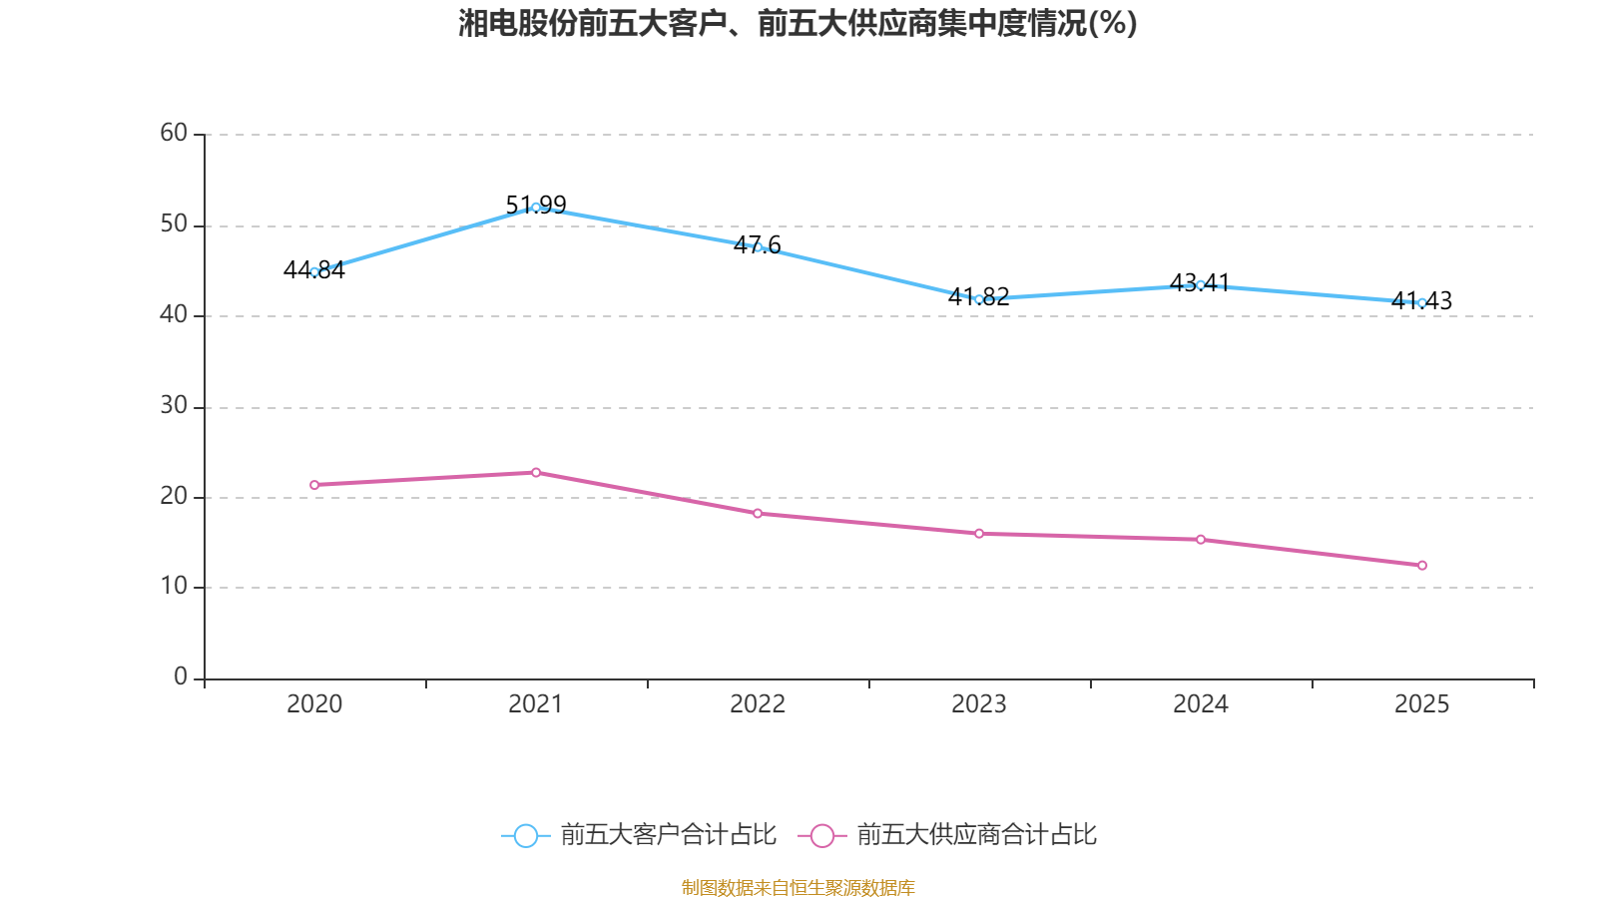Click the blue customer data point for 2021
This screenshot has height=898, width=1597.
pyautogui.click(x=536, y=208)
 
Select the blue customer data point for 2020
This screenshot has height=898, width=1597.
pyautogui.click(x=314, y=271)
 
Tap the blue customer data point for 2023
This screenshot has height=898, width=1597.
pyautogui.click(x=979, y=299)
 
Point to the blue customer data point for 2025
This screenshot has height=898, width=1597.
pyautogui.click(x=1422, y=302)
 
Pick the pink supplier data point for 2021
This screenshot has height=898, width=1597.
pyautogui.click(x=536, y=472)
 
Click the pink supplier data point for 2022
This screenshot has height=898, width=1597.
pyautogui.click(x=758, y=514)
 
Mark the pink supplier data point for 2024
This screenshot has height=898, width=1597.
pyautogui.click(x=1201, y=540)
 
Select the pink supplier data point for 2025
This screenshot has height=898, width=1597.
pyautogui.click(x=1422, y=566)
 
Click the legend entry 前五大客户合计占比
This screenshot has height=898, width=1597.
pyautogui.click(x=640, y=835)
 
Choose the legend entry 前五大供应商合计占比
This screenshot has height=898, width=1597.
pyautogui.click(x=948, y=835)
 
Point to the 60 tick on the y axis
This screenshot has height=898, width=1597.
pyautogui.click(x=174, y=133)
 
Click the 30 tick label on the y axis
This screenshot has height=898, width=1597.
pyautogui.click(x=174, y=405)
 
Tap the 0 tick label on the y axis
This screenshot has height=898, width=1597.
pyautogui.click(x=181, y=676)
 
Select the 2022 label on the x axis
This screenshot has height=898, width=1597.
pyautogui.click(x=758, y=704)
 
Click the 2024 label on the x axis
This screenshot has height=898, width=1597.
pyautogui.click(x=1201, y=704)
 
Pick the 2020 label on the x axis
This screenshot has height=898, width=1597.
pyautogui.click(x=314, y=704)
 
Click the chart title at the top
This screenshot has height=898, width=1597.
pyautogui.click(x=798, y=23)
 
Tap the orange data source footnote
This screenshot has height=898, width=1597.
pyautogui.click(x=798, y=887)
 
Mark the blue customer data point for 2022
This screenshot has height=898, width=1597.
pyautogui.click(x=758, y=247)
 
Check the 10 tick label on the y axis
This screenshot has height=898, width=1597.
pyautogui.click(x=174, y=587)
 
